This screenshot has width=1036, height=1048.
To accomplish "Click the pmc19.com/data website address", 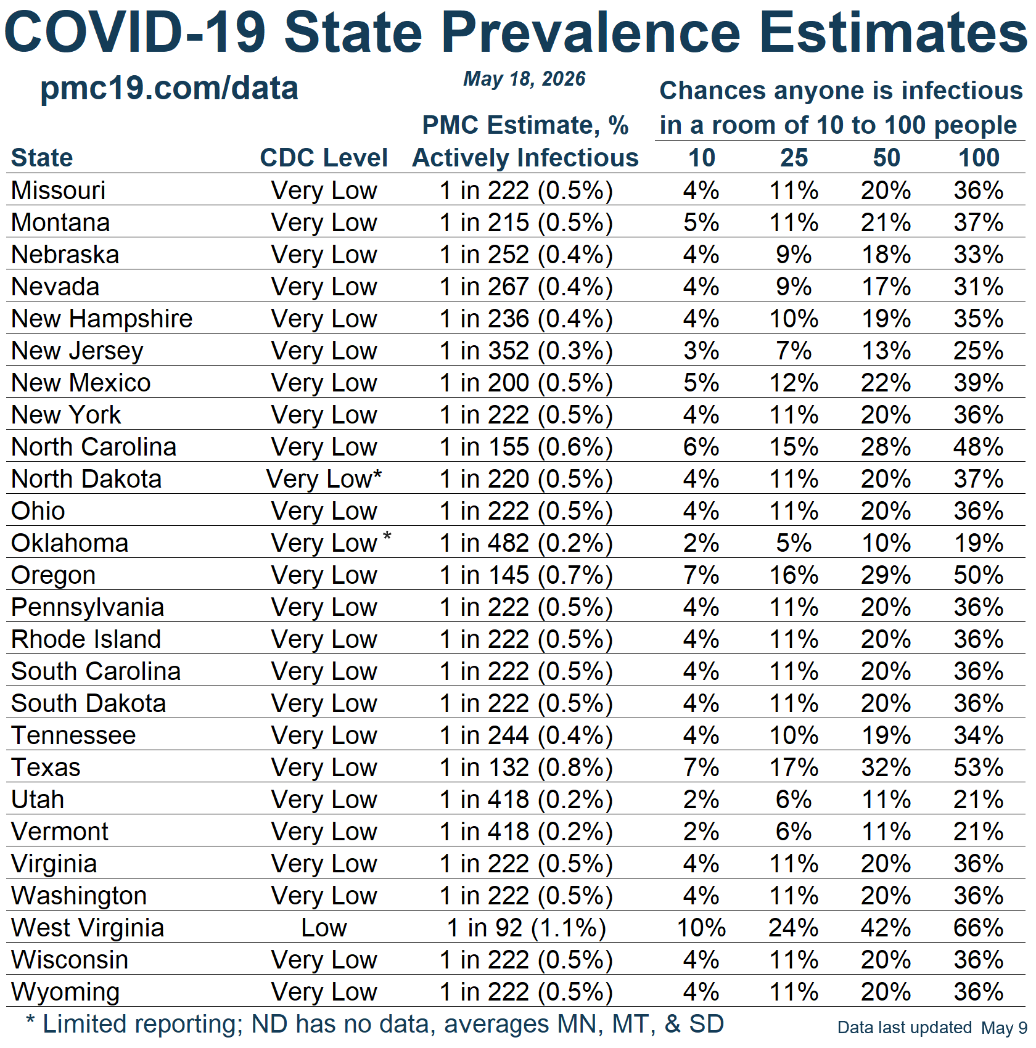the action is pyautogui.click(x=169, y=89).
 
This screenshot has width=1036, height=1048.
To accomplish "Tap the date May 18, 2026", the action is pyautogui.click(x=524, y=79).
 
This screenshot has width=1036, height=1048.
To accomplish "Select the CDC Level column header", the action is pyautogui.click(x=324, y=158).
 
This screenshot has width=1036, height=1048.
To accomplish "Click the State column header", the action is pyautogui.click(x=42, y=158).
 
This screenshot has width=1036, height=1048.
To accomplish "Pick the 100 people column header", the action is pyautogui.click(x=979, y=158).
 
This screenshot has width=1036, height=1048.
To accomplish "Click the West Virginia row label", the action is pyautogui.click(x=88, y=928).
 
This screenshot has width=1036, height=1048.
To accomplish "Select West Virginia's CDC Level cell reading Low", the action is pyautogui.click(x=324, y=928).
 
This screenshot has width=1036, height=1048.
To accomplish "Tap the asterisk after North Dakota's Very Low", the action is pyautogui.click(x=377, y=475).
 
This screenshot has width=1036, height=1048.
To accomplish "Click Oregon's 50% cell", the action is pyautogui.click(x=979, y=575).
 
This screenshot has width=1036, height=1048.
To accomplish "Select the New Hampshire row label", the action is pyautogui.click(x=102, y=319).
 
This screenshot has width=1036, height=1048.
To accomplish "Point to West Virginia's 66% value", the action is pyautogui.click(x=979, y=928).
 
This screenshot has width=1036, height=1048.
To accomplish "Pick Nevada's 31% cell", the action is pyautogui.click(x=979, y=287).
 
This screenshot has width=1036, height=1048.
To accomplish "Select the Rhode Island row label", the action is pyautogui.click(x=86, y=639).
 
